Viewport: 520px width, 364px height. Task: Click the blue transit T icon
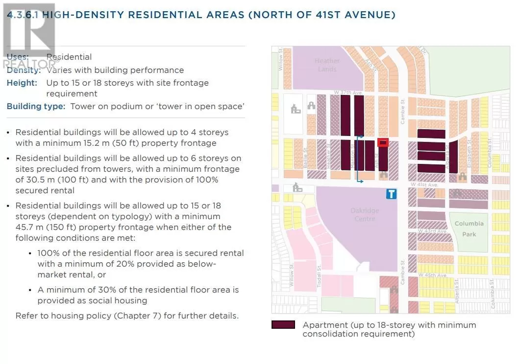click(x=391, y=194)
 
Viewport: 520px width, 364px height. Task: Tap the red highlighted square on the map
click(x=383, y=143)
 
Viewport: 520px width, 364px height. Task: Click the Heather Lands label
click(x=327, y=65)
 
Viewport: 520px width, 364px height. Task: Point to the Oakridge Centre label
click(x=364, y=214)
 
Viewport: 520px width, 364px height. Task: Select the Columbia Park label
click(x=469, y=228)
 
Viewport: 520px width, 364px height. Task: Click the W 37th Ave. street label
click(x=348, y=92)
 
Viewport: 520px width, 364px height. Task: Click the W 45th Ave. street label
click(x=433, y=275)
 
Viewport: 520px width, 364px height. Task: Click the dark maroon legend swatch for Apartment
click(x=283, y=325)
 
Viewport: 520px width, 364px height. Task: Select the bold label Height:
click(x=22, y=83)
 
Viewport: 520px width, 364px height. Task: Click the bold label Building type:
click(x=36, y=106)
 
